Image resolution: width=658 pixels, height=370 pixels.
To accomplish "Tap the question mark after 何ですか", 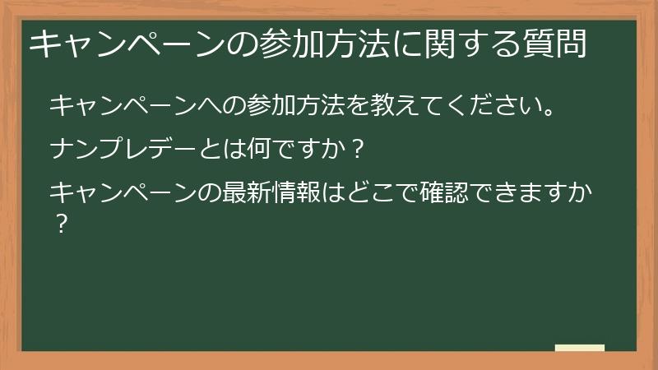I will pyautogui.click(x=356, y=150).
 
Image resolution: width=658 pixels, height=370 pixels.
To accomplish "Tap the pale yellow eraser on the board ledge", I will pyautogui.click(x=580, y=348).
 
